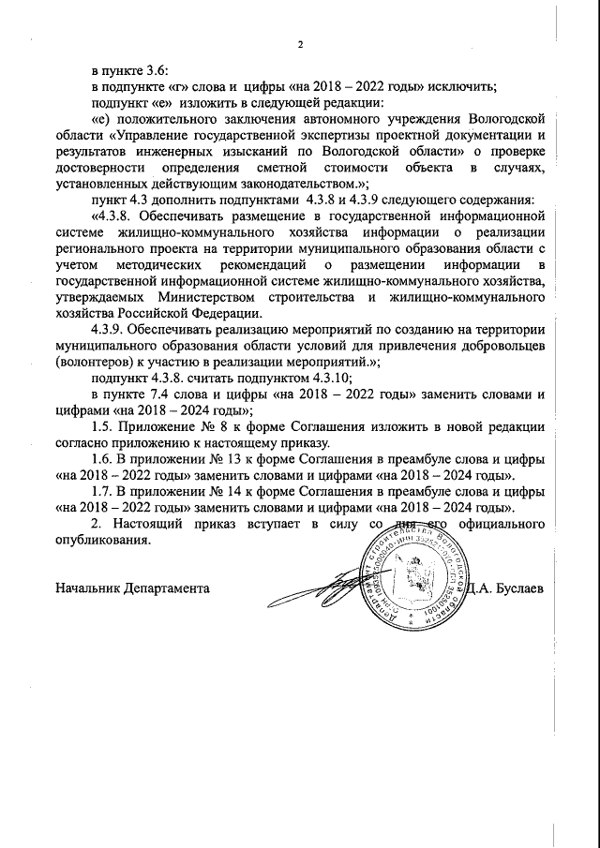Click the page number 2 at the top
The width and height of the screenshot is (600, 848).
(x=301, y=44)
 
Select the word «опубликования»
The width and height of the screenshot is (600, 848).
(x=102, y=541)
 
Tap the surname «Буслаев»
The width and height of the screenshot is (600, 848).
(x=522, y=588)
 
